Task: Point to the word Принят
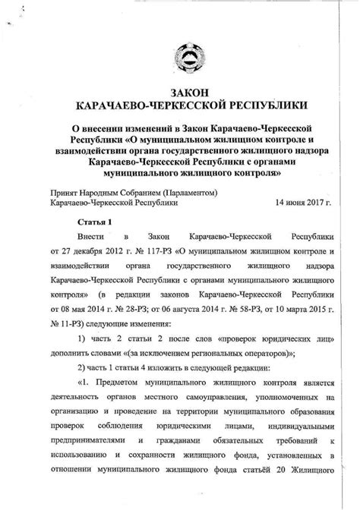point(64,193)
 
